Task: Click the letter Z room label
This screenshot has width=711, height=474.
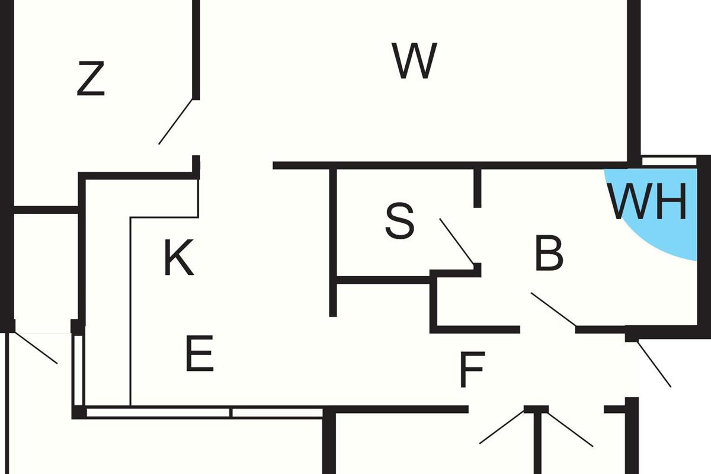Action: coord(91,79)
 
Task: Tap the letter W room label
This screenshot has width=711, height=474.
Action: coord(414,61)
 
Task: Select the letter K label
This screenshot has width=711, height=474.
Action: coord(178,259)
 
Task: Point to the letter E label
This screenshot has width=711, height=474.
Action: coord(199,354)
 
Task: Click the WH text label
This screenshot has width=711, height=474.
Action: coord(649,203)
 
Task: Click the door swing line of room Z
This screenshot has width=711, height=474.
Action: coord(176,121)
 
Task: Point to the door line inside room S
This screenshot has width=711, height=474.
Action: coord(457,241)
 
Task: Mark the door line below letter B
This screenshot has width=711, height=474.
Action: coord(553,309)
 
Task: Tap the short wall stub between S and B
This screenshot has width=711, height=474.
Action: coord(478,188)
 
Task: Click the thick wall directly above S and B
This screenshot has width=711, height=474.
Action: coord(450,165)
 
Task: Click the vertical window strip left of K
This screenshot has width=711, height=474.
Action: coord(78,370)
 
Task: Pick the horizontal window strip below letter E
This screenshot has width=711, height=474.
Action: coord(201,412)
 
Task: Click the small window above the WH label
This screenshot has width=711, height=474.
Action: coord(670,160)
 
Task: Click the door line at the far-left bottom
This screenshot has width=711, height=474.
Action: coord(36,348)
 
